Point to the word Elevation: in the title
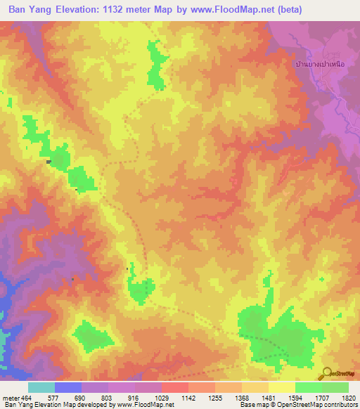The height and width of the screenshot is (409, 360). click(86, 10)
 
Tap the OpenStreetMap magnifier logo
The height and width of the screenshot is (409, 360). click(327, 373)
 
